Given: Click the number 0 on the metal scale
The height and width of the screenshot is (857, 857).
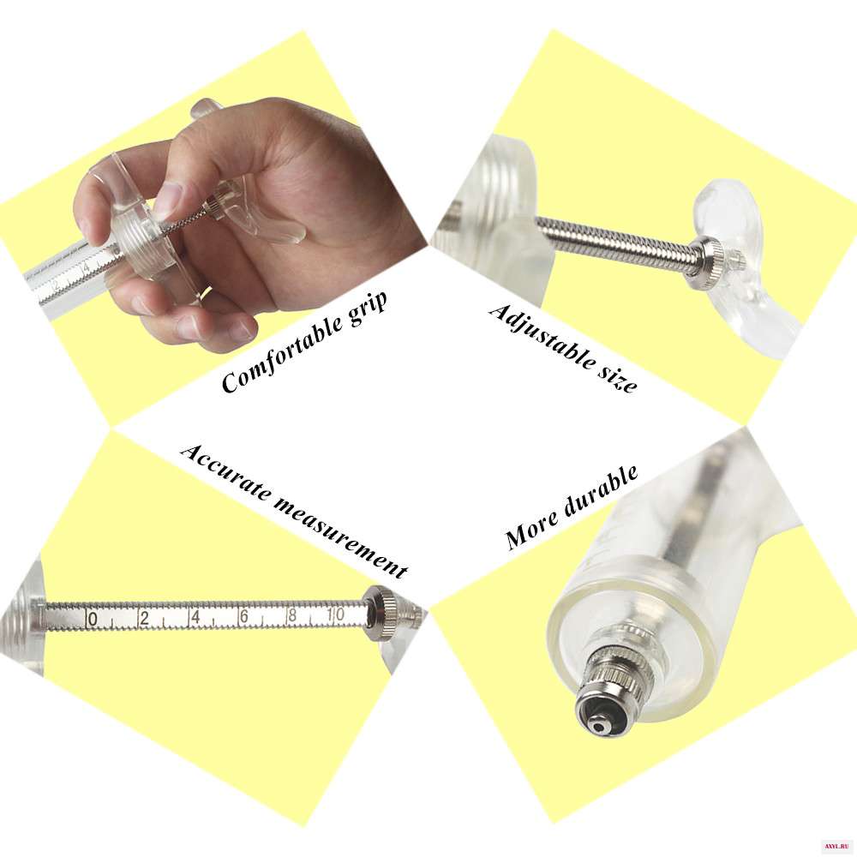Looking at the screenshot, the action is pyautogui.click(x=93, y=620).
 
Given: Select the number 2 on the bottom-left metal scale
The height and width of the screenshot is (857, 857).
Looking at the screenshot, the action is pyautogui.click(x=144, y=618).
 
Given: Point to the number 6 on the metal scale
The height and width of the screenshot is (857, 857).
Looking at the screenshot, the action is pyautogui.click(x=243, y=616).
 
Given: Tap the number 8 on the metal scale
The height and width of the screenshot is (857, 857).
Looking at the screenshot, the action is pyautogui.click(x=293, y=615).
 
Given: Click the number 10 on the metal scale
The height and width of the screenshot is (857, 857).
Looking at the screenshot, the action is pyautogui.click(x=336, y=614).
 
